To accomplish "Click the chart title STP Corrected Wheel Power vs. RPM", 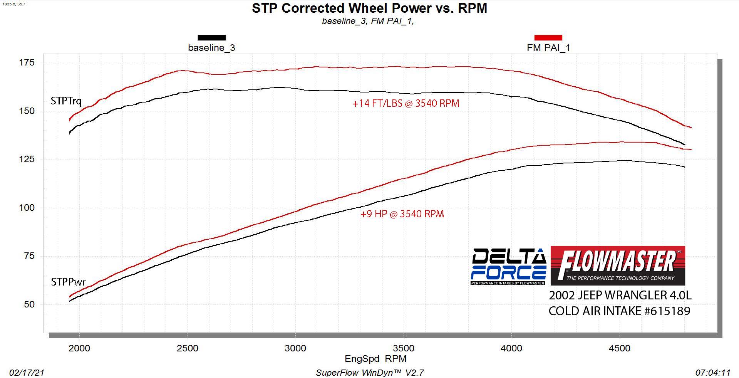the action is click(369, 8).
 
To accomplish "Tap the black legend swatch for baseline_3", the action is click(211, 38).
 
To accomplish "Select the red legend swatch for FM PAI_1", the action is click(548, 38).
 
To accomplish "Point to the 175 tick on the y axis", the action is click(27, 62).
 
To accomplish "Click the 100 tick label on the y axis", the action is click(27, 208).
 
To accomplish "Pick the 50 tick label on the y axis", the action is click(29, 304).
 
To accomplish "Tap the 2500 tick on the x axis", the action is click(187, 348).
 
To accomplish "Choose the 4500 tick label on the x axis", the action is click(619, 348).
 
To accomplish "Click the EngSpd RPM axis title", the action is click(375, 359).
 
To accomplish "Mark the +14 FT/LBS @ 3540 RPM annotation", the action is click(406, 103).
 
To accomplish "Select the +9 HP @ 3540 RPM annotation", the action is click(402, 214).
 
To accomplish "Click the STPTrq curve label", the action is click(66, 101).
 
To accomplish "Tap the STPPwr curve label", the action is click(68, 282).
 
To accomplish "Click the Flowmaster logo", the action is click(618, 265).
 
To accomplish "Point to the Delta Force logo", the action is click(508, 266).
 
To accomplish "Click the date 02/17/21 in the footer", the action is click(27, 373).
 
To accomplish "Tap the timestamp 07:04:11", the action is click(713, 373).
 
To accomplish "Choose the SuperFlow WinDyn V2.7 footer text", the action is click(370, 373).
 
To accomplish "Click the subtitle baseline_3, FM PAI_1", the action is click(368, 21).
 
